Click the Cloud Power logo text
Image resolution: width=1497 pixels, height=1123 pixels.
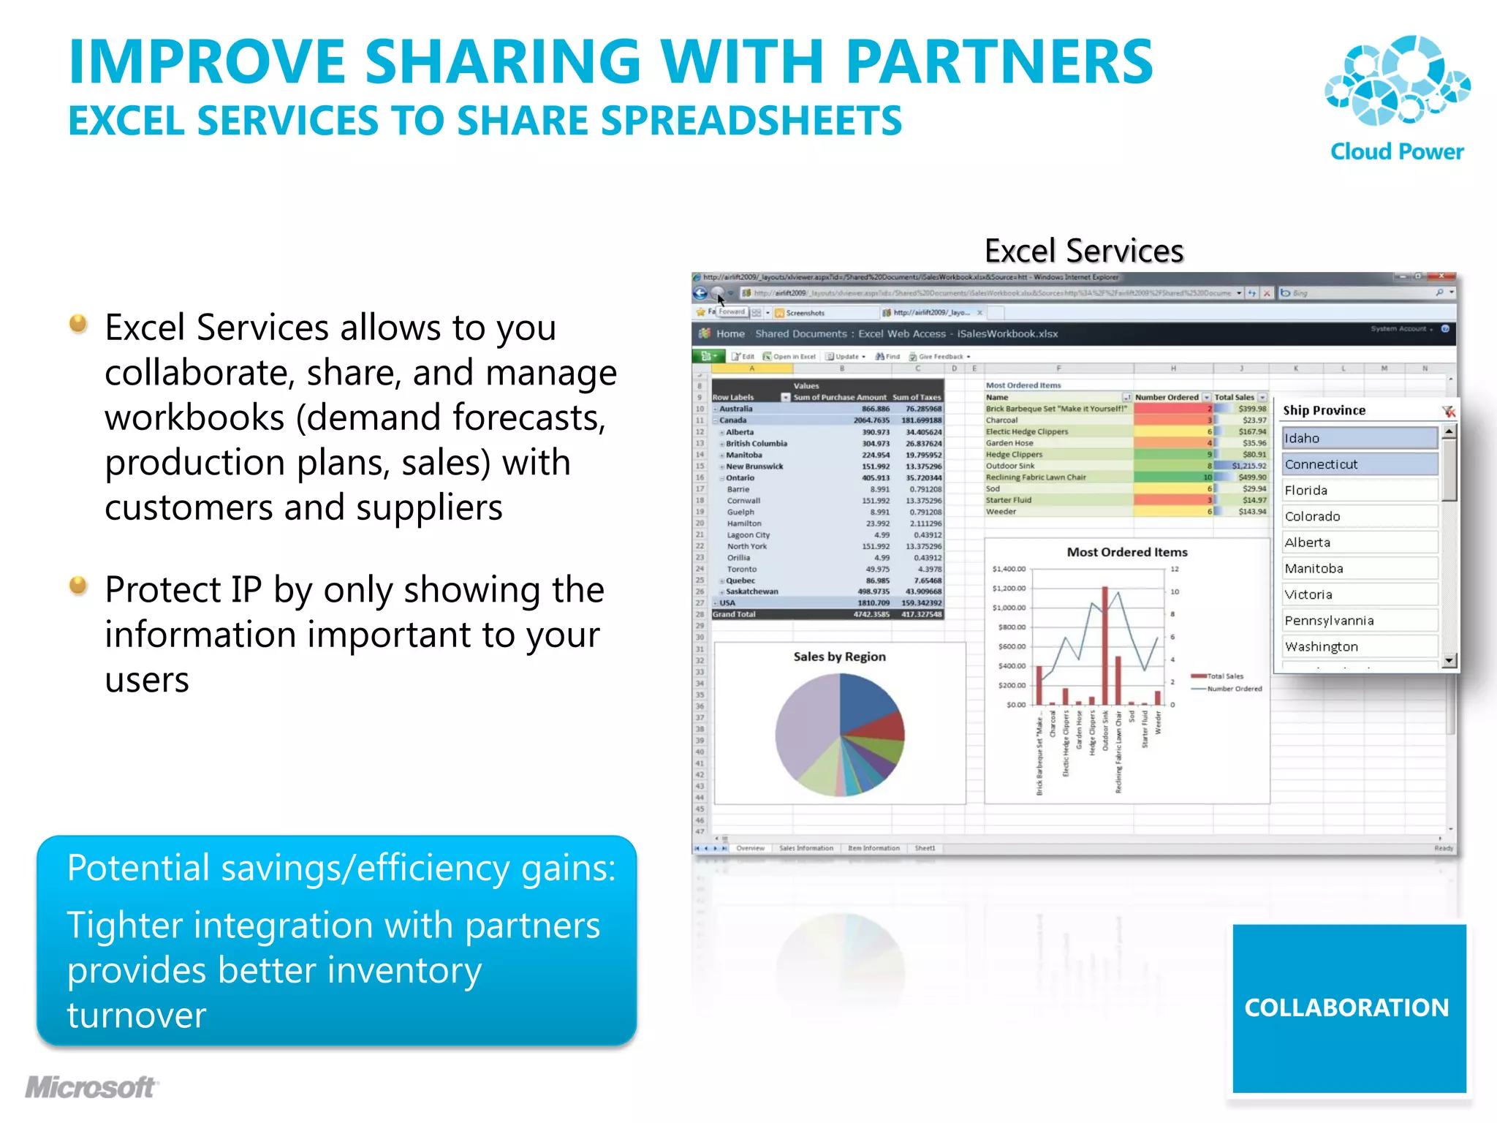pyautogui.click(x=1396, y=151)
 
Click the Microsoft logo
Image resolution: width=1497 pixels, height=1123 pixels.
pyautogui.click(x=91, y=1087)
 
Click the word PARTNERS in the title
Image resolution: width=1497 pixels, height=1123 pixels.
pyautogui.click(x=999, y=62)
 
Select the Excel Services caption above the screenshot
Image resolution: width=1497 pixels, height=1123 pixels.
pyautogui.click(x=1083, y=251)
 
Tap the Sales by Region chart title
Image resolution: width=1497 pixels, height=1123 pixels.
pyautogui.click(x=839, y=657)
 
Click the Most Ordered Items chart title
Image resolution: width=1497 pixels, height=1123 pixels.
pyautogui.click(x=1126, y=552)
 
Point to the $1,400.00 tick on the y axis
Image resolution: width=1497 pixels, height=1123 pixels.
pyautogui.click(x=1009, y=569)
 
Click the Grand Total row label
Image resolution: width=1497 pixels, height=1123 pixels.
pyautogui.click(x=734, y=614)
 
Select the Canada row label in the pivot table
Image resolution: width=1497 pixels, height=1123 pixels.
pyautogui.click(x=732, y=420)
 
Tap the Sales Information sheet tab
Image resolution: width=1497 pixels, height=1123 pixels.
pyautogui.click(x=806, y=848)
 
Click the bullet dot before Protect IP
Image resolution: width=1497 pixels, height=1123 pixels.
pyautogui.click(x=78, y=586)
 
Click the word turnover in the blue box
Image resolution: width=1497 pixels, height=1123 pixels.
pyautogui.click(x=137, y=1015)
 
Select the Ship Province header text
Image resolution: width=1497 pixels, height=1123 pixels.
pyautogui.click(x=1324, y=410)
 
